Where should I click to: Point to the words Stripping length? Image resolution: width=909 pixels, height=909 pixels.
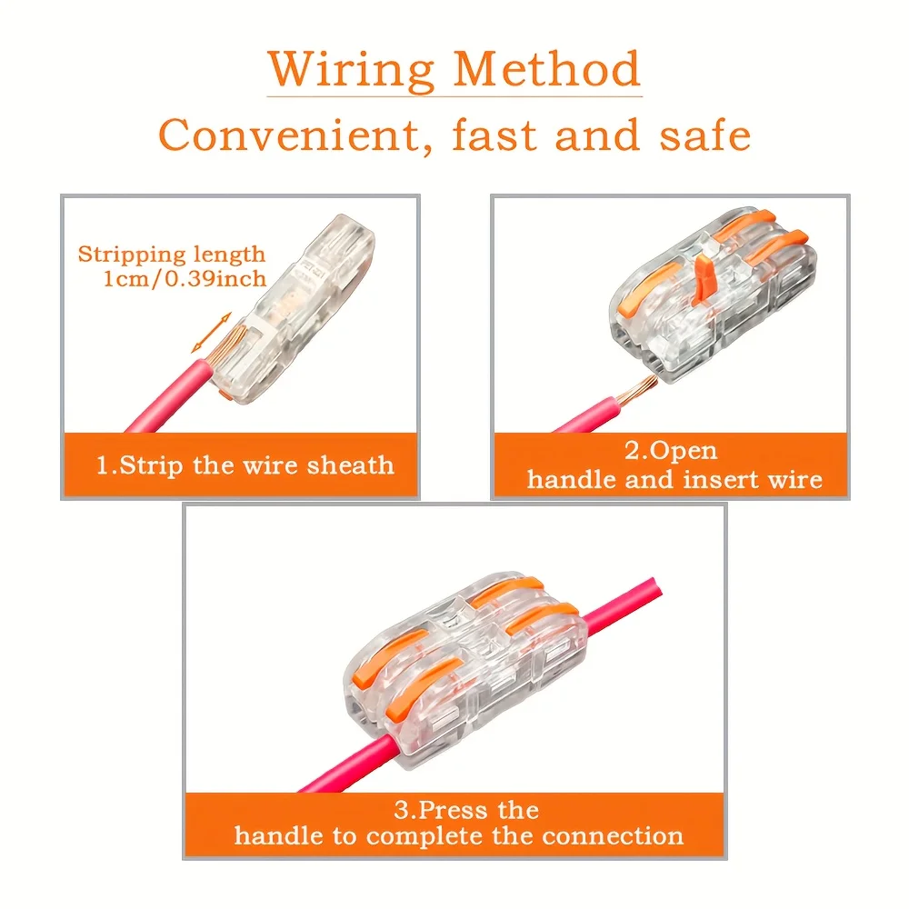pos(172,255)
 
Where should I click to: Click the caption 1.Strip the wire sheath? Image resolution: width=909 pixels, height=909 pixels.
pos(245,466)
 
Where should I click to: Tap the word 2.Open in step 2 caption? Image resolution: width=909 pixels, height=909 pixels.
pos(671,451)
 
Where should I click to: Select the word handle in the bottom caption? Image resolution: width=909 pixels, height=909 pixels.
pos(278,835)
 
